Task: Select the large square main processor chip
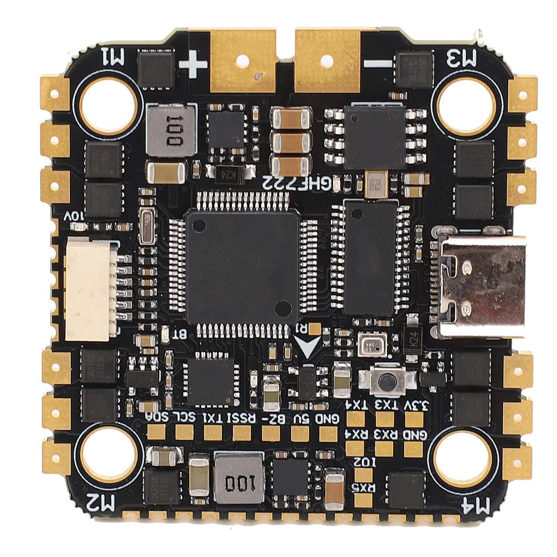tap(242, 267)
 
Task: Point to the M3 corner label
tap(461, 57)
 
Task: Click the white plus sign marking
tap(193, 65)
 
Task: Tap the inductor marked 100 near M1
tap(171, 131)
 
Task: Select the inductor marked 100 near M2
tap(238, 478)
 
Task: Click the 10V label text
tap(75, 216)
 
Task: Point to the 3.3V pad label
tap(417, 404)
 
